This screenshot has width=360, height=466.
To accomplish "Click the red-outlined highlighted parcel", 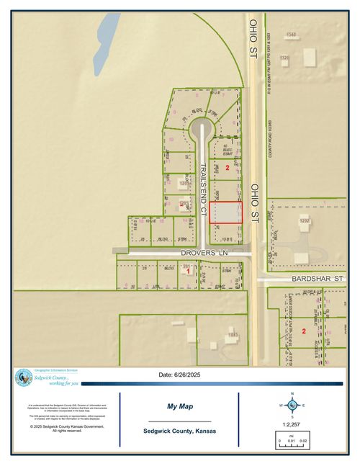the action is (227, 213).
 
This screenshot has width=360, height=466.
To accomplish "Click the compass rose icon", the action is (292, 403).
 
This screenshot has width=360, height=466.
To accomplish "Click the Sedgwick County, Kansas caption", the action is (180, 431).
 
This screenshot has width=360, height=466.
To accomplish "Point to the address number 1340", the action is (291, 35).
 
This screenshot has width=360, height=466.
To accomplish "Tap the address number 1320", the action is (284, 58).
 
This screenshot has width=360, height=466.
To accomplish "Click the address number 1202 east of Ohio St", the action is (303, 220).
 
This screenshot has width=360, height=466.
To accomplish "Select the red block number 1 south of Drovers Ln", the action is (189, 272).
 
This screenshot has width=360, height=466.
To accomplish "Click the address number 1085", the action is (232, 335).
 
